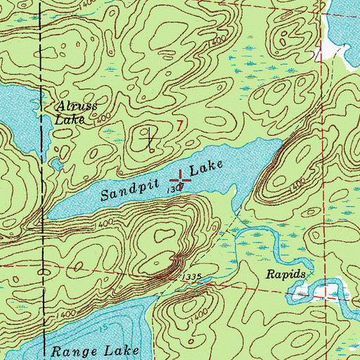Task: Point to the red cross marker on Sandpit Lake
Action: [x=180, y=180]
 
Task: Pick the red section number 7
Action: [x=181, y=124]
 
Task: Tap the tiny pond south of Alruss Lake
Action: [x=53, y=164]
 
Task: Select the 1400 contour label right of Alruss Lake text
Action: [x=101, y=122]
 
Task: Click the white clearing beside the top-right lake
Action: [x=332, y=52]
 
